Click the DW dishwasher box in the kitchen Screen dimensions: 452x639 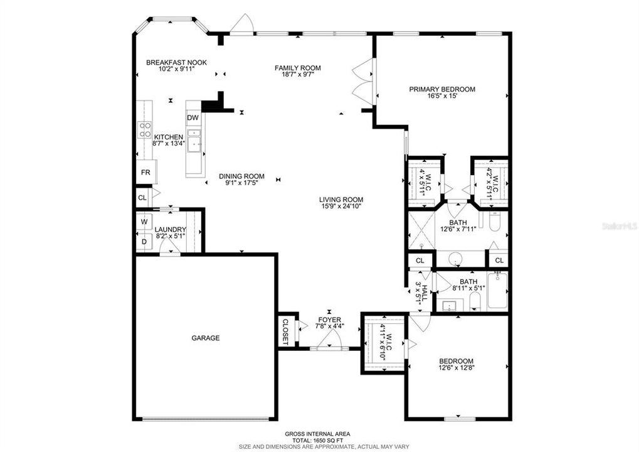193,118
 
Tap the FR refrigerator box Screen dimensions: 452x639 145,172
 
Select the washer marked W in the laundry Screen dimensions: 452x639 144,222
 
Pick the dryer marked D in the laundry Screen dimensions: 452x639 144,242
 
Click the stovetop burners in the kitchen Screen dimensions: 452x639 144,129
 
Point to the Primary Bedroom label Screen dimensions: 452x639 442,89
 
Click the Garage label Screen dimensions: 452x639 206,338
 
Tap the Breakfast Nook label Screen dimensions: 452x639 176,62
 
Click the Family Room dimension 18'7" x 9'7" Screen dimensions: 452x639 298,75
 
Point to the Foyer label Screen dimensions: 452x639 329,320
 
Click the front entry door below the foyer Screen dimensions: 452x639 329,342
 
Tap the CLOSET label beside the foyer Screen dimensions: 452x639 285,331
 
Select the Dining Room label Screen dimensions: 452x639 241,176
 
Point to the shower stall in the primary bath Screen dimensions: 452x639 421,230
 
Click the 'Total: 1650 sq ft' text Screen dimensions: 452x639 317,439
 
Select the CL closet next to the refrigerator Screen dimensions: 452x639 142,197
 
